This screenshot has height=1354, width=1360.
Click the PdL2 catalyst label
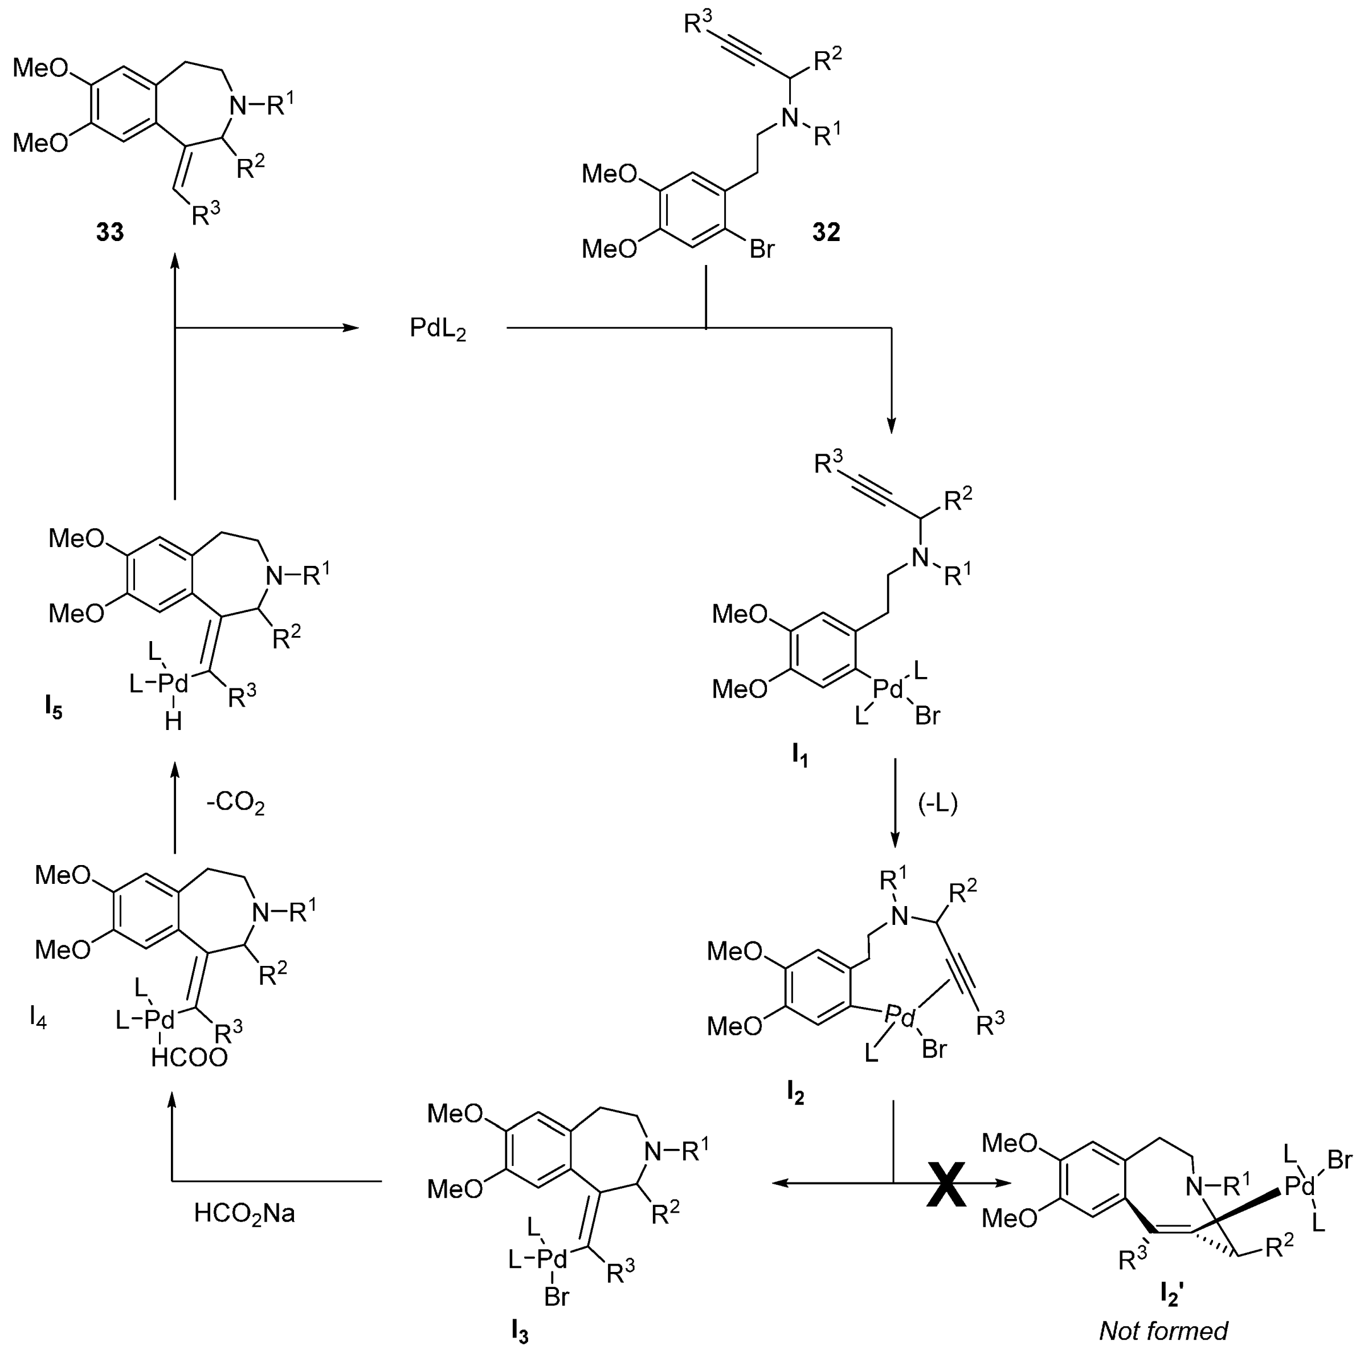coord(438,329)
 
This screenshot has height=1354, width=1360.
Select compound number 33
coord(110,232)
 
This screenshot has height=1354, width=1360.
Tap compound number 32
coord(826,233)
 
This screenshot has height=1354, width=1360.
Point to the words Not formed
coord(1163,1330)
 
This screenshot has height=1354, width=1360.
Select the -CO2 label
coord(235,804)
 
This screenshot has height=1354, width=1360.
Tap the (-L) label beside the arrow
coord(938,804)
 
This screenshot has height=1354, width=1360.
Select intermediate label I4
coord(38,1017)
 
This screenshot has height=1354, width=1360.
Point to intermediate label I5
coord(53,708)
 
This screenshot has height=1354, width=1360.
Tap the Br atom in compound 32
coord(762,248)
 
